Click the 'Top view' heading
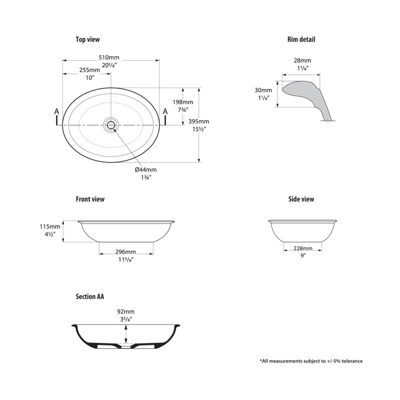(88, 39)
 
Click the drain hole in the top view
(110, 124)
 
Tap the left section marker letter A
(56, 111)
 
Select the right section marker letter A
(165, 111)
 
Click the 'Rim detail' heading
(301, 39)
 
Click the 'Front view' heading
(90, 199)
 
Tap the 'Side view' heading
(301, 199)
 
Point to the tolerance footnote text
(311, 360)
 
